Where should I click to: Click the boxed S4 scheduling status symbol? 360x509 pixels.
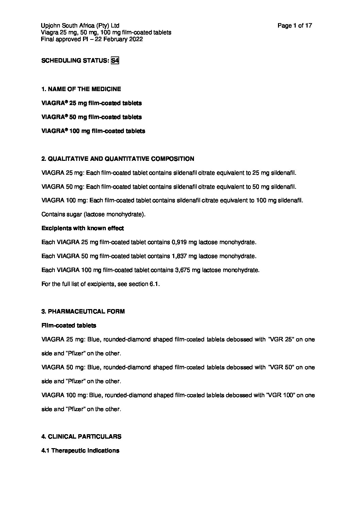point(115,61)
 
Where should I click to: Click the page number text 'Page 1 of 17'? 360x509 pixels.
point(295,26)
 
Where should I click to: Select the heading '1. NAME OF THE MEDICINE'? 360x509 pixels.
point(81,89)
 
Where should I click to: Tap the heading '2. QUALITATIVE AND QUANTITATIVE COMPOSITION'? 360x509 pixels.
point(118,159)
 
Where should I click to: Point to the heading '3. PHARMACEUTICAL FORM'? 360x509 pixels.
point(83,311)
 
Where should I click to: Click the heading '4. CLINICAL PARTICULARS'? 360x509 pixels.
point(81,437)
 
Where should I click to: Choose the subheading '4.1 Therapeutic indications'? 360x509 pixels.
point(80,451)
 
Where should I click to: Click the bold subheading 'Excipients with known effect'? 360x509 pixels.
point(83,228)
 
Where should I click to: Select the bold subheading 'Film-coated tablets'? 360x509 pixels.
point(69,325)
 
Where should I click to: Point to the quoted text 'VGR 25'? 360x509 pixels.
point(281,339)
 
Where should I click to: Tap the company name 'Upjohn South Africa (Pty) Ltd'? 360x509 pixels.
point(80,26)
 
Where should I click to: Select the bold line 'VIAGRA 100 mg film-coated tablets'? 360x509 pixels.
point(93,131)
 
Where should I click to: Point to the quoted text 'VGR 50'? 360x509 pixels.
point(281,367)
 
